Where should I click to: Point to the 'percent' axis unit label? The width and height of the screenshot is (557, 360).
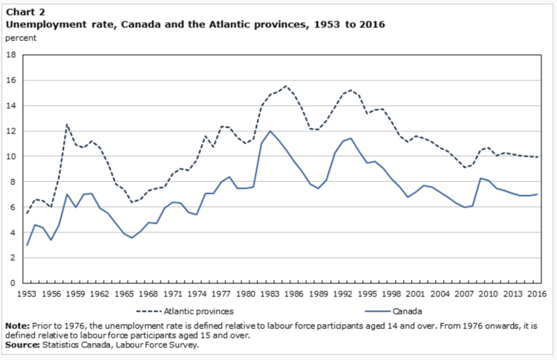point(20,37)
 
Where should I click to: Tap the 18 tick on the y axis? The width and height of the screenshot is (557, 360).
point(12,55)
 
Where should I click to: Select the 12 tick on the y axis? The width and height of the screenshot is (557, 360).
point(12,131)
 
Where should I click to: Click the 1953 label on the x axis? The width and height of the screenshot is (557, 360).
point(28,295)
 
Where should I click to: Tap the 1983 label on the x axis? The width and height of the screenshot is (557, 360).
point(269,295)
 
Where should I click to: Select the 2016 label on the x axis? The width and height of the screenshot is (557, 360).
point(534,295)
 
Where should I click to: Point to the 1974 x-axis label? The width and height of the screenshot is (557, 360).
point(197,295)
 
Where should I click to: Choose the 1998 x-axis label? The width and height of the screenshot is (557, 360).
point(389,295)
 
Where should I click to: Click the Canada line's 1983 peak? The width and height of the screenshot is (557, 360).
point(270,131)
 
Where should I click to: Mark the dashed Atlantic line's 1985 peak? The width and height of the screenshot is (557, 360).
point(286,85)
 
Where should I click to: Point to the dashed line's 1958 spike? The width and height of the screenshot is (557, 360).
point(68,124)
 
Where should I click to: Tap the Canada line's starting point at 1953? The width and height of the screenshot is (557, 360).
point(28,245)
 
